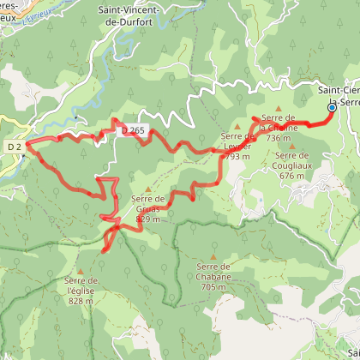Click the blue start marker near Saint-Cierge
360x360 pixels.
tap(332, 108)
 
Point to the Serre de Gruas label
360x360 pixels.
tap(147, 201)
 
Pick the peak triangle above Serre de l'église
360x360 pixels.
tap(81, 271)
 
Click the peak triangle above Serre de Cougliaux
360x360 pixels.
tap(292, 146)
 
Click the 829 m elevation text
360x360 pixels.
tap(147, 219)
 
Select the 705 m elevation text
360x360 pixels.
tap(213, 287)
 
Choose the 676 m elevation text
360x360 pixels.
tap(292, 176)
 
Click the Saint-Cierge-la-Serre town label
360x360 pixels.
tap(339, 95)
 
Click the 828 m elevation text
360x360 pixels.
tap(81, 301)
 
